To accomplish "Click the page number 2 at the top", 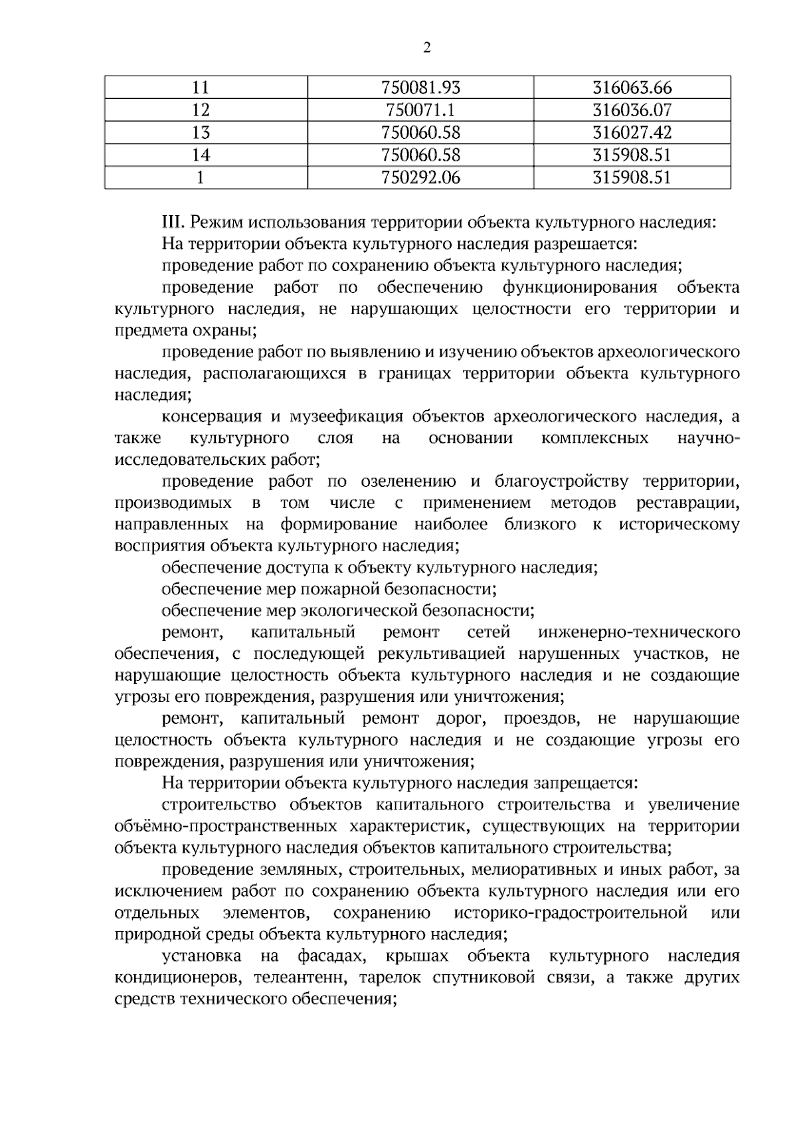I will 427,48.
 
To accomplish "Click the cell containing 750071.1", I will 420,110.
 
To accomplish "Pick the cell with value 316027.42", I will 632,133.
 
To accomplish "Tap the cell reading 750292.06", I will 420,177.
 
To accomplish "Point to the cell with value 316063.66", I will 632,88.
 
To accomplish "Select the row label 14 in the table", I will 201,155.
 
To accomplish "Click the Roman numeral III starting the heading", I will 173,222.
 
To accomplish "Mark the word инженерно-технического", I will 640,632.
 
